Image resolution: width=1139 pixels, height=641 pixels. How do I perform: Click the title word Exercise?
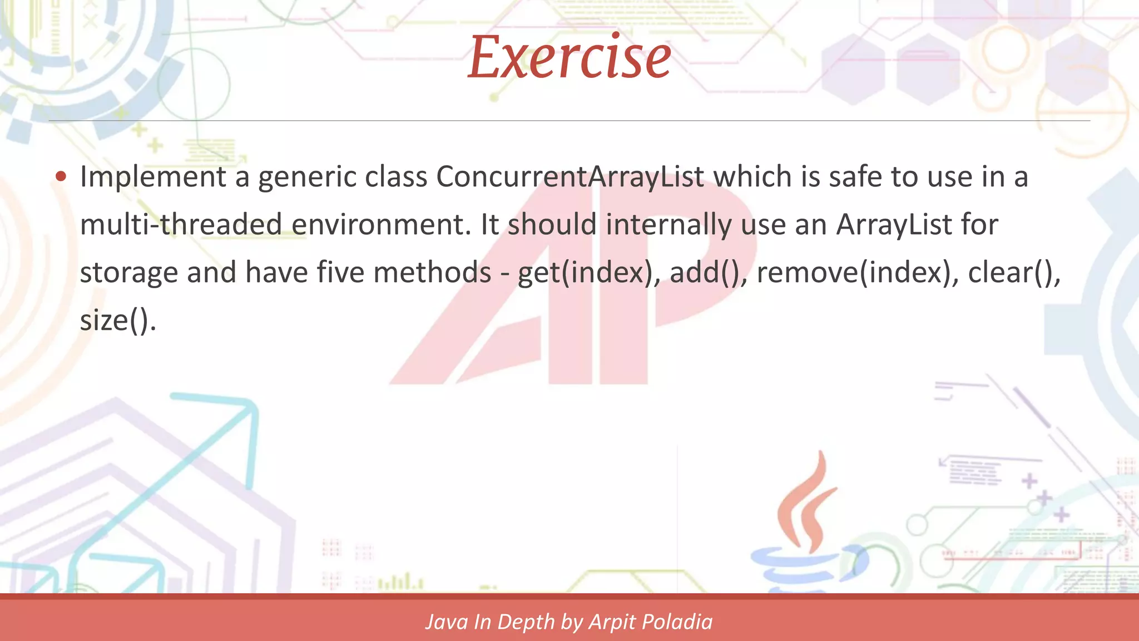coord(569,57)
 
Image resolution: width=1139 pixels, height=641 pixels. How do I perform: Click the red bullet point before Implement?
coord(61,177)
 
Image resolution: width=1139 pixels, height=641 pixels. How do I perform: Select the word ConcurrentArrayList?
coord(570,177)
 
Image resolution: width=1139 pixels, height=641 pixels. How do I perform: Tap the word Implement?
coord(153,177)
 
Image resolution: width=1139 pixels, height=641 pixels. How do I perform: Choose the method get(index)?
coord(588,273)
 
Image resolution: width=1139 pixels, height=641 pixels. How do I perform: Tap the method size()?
coord(117,320)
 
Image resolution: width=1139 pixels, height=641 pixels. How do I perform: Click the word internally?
coord(668,225)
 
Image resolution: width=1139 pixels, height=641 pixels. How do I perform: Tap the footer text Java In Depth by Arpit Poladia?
coord(569,622)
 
